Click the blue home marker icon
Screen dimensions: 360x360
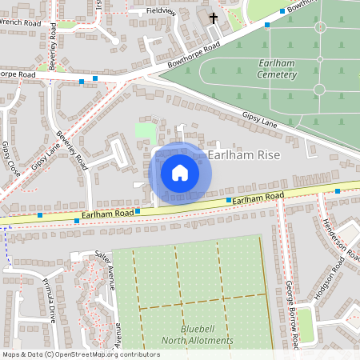pos(180,172)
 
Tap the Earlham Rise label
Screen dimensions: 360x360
pos(243,155)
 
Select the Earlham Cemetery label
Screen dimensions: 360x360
pos(266,69)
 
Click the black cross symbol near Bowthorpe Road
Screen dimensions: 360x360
pos(214,17)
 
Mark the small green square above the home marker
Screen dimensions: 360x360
pos(145,130)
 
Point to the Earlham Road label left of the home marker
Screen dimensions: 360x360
pos(101,214)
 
